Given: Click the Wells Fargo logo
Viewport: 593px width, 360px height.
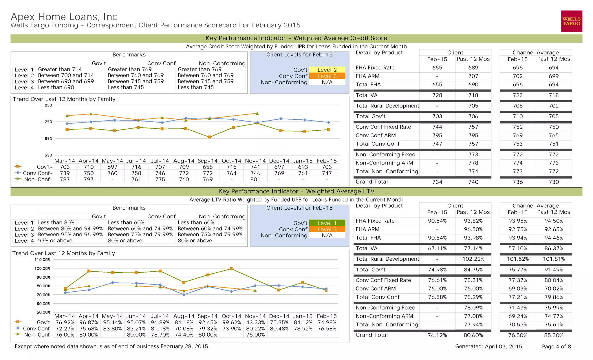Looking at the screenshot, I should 571,21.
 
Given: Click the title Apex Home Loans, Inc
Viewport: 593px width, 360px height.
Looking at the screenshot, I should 64,17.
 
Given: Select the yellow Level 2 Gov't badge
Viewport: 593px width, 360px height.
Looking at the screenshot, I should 327,70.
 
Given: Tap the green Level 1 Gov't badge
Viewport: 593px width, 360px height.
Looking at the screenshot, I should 327,223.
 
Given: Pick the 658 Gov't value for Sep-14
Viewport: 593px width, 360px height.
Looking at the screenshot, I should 208,167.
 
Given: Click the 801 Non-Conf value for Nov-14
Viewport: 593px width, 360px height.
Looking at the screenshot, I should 255,179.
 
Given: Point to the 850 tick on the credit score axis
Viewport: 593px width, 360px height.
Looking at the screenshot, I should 48,105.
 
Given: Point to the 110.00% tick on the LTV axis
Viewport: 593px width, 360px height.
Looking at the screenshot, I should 43,260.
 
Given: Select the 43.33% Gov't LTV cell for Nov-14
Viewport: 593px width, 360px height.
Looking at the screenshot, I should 255,322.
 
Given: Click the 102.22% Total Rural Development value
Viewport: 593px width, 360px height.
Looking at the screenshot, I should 473,259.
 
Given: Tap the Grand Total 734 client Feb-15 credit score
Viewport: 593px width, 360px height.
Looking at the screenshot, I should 437,182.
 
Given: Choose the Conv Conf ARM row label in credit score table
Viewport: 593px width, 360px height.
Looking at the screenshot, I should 376,135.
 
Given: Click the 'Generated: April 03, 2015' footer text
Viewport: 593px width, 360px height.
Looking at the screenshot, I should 488,346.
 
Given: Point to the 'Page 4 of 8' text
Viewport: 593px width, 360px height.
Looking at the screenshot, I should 556,346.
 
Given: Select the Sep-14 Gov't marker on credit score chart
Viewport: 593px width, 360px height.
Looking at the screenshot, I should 210,137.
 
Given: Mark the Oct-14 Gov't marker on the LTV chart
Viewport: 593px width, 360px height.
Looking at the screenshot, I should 231,269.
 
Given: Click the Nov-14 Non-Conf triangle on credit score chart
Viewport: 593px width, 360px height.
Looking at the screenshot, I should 257,113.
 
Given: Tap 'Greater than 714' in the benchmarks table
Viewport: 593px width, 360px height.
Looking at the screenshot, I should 60,69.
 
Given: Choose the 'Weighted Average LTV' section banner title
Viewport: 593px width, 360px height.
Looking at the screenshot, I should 296,191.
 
